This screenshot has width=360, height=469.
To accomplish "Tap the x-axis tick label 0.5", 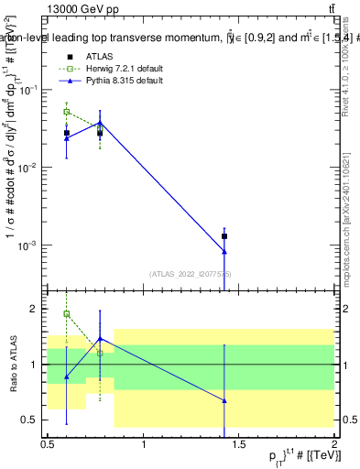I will pyautogui.click(x=48, y=445).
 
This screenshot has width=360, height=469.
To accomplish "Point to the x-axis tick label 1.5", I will pyautogui.click(x=238, y=445).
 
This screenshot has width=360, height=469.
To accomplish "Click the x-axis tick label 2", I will pyautogui.click(x=333, y=445).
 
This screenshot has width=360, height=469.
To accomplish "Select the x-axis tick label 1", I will pyautogui.click(x=144, y=445).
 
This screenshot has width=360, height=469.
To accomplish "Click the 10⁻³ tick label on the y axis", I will pyautogui.click(x=30, y=245).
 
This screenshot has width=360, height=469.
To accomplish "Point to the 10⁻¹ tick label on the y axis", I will pyautogui.click(x=30, y=90).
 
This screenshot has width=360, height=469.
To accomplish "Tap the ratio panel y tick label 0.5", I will pyautogui.click(x=33, y=420).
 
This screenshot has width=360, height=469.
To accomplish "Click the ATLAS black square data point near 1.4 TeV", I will pyautogui.click(x=224, y=236).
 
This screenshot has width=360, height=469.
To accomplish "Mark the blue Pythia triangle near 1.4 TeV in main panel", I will pyautogui.click(x=224, y=252).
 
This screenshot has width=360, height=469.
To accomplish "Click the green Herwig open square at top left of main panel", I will pyautogui.click(x=66, y=112).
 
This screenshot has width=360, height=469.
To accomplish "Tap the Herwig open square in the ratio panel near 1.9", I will pyautogui.click(x=66, y=314).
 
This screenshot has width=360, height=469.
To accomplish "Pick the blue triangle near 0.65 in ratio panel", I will pyautogui.click(x=224, y=400).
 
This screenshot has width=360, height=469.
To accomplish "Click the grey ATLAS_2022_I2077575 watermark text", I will pyautogui.click(x=191, y=274).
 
